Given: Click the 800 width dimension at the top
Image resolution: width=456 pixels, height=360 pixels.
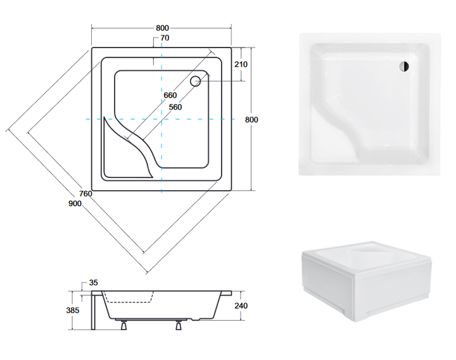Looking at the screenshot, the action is (x=162, y=28).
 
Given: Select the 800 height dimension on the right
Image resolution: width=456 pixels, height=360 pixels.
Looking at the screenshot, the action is (x=251, y=120).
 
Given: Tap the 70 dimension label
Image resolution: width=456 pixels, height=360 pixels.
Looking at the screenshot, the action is (x=165, y=38).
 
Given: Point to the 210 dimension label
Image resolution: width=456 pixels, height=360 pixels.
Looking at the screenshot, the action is (x=241, y=64).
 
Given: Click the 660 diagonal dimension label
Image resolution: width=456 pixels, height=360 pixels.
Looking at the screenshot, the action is (x=170, y=96).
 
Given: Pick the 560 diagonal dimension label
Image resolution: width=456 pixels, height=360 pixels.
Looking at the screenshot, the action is (x=175, y=107).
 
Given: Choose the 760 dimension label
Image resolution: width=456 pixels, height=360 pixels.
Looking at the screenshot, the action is (x=85, y=193).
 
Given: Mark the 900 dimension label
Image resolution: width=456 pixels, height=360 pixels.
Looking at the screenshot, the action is (x=75, y=203).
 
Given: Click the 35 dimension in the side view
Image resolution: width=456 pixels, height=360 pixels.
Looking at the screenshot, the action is (x=93, y=283).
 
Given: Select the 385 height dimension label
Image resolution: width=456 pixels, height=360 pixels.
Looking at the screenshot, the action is (x=73, y=311).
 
